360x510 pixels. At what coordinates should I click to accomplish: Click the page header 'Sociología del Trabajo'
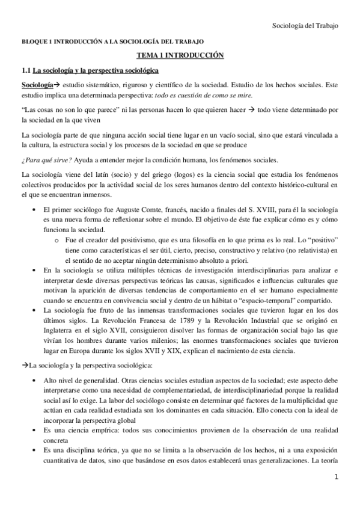[306, 25]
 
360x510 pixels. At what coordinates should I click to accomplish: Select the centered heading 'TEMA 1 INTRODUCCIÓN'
[180, 55]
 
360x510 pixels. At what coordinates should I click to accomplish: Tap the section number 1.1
[26, 70]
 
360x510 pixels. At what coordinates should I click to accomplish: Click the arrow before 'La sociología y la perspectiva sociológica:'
[25, 364]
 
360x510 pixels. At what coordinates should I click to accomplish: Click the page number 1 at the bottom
[338, 493]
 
